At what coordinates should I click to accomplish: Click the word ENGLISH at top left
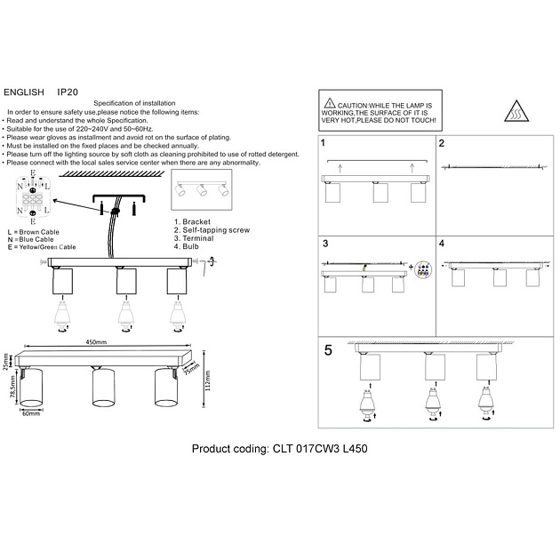point(24,92)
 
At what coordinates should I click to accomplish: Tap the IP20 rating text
point(68,92)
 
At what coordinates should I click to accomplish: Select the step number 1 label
point(324,143)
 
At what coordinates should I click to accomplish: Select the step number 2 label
point(442,143)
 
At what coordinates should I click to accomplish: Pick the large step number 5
point(329,350)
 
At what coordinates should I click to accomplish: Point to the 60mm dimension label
point(32,414)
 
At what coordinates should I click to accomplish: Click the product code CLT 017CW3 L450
point(279,449)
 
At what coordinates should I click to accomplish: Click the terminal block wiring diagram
point(33,200)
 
